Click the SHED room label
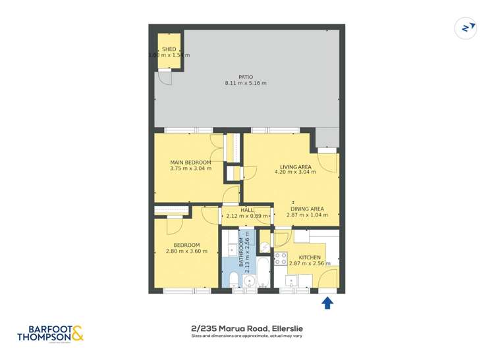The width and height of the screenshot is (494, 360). coord(169,49)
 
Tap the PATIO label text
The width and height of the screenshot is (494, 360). coord(245,76)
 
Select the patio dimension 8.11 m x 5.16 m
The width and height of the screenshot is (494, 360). coord(245,84)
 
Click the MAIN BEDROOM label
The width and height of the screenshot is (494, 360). coord(190,163)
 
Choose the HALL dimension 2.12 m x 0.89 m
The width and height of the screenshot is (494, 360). coord(247,216)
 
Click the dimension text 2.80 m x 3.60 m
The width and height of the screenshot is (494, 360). coord(182,251)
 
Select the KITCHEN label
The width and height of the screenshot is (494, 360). coord(310,257)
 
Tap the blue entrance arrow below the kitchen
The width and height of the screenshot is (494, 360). coord(327,303)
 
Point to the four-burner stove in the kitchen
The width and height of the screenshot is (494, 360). coord(279,258)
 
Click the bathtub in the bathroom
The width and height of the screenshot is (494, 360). coord(261,272)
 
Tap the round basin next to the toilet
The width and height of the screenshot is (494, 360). coord(248,282)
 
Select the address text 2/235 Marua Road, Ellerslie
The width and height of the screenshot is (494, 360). coord(246,328)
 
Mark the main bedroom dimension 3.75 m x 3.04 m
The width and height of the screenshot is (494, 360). coord(190,169)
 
